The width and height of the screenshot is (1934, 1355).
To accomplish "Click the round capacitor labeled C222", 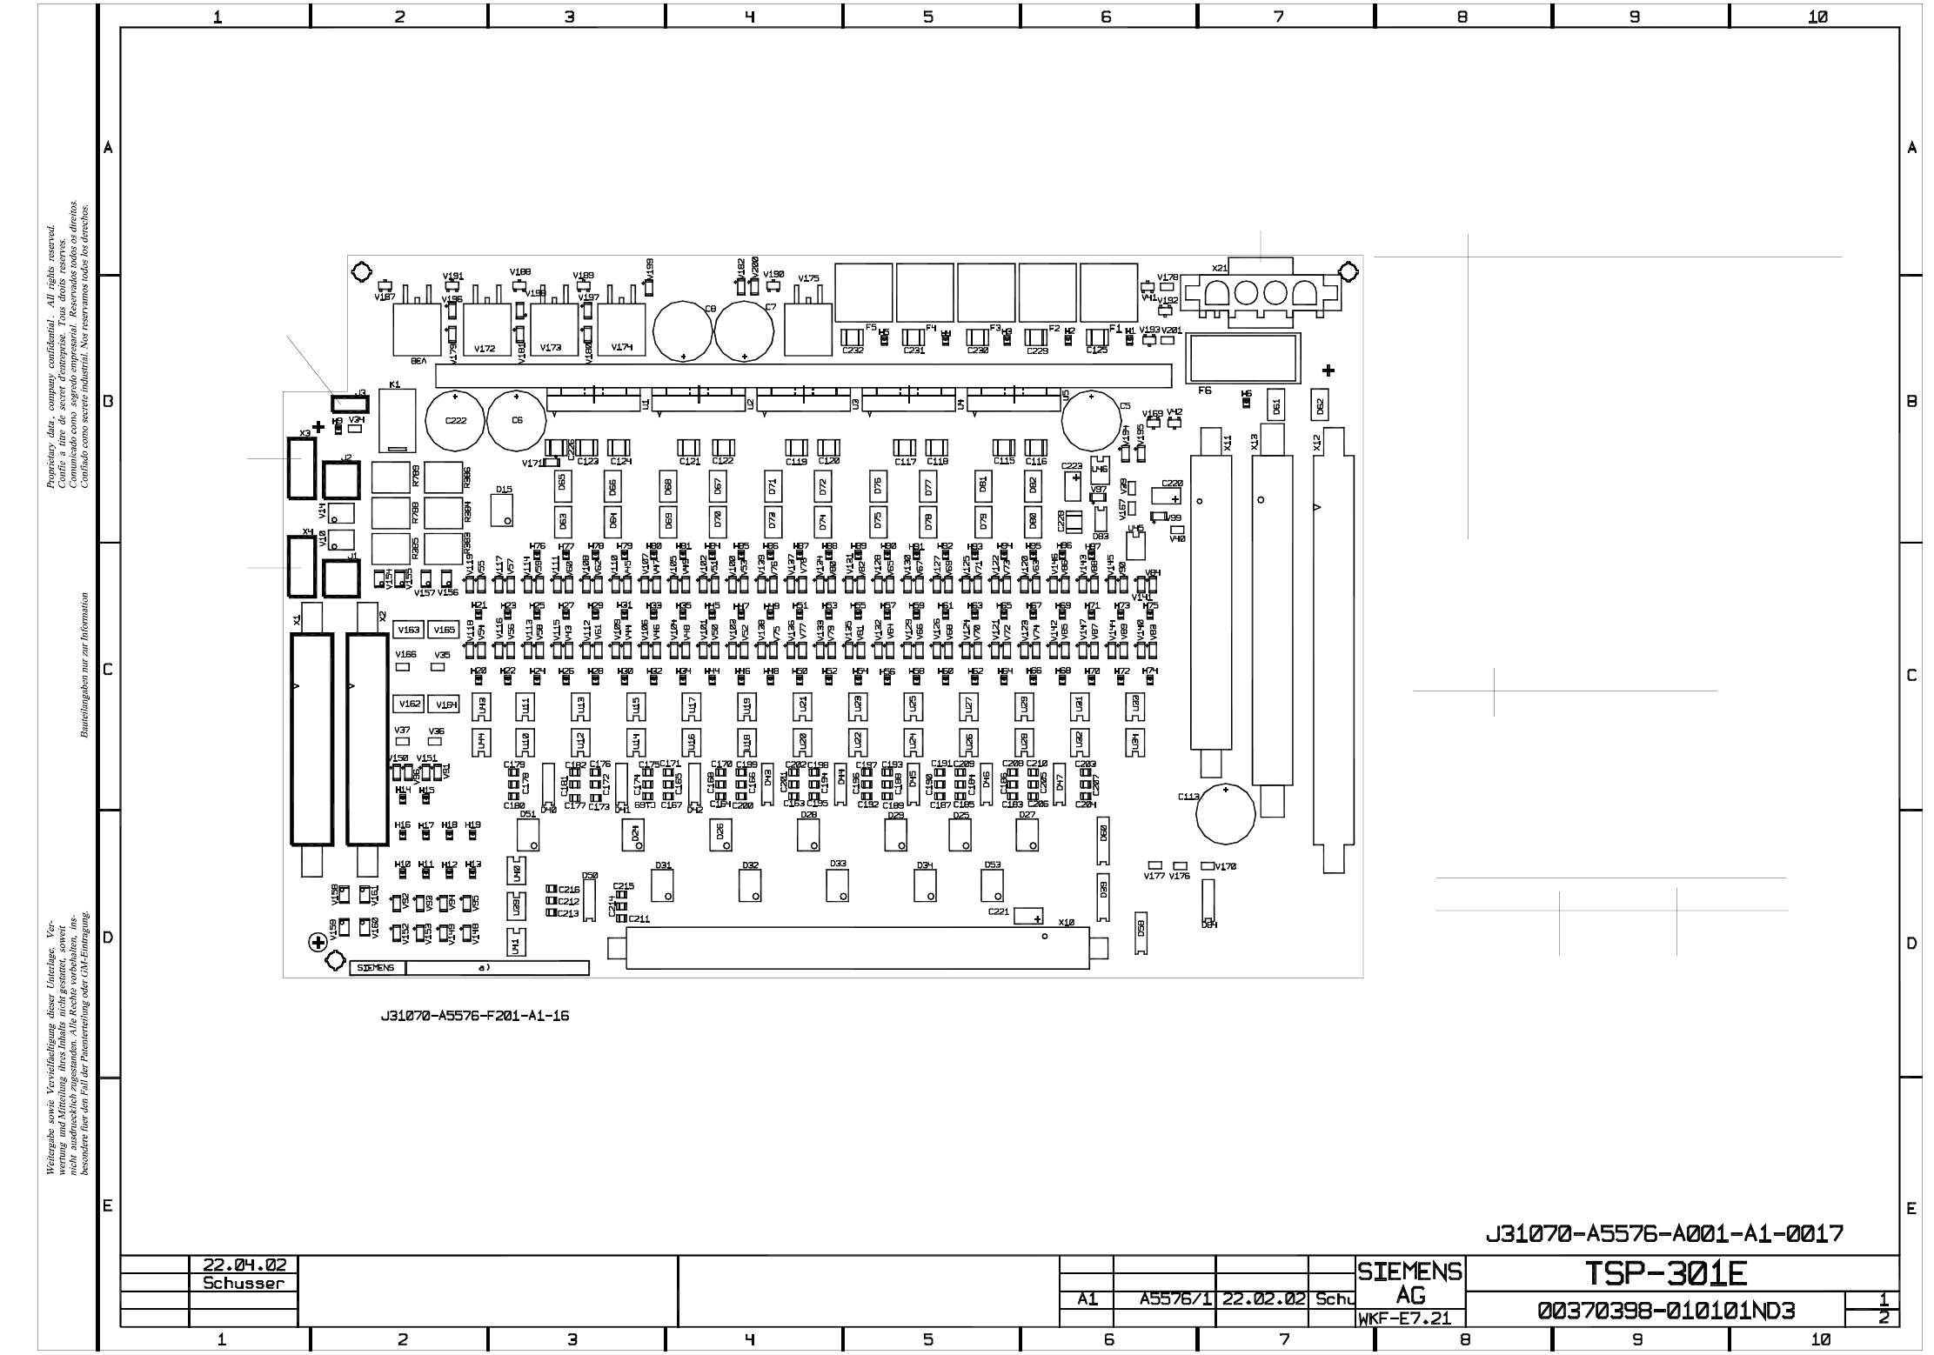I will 455,421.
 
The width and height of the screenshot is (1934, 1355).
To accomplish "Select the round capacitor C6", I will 517,421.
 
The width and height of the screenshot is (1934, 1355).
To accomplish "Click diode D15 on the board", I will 502,510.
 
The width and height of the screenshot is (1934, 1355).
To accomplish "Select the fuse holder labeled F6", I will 1243,357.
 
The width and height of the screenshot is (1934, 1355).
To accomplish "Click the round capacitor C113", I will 1225,814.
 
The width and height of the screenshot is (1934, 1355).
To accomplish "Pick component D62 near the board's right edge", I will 1319,405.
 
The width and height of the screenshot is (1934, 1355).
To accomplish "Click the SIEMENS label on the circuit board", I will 376,968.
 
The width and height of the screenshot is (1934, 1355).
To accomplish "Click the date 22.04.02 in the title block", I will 244,1264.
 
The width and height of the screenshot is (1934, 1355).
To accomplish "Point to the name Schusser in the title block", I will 244,1283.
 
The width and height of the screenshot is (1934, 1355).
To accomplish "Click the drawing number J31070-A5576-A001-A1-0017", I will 1663,1233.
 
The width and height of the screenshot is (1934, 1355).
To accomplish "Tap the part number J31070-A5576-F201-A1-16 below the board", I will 475,1016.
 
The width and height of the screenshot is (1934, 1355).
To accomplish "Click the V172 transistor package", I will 486,330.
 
